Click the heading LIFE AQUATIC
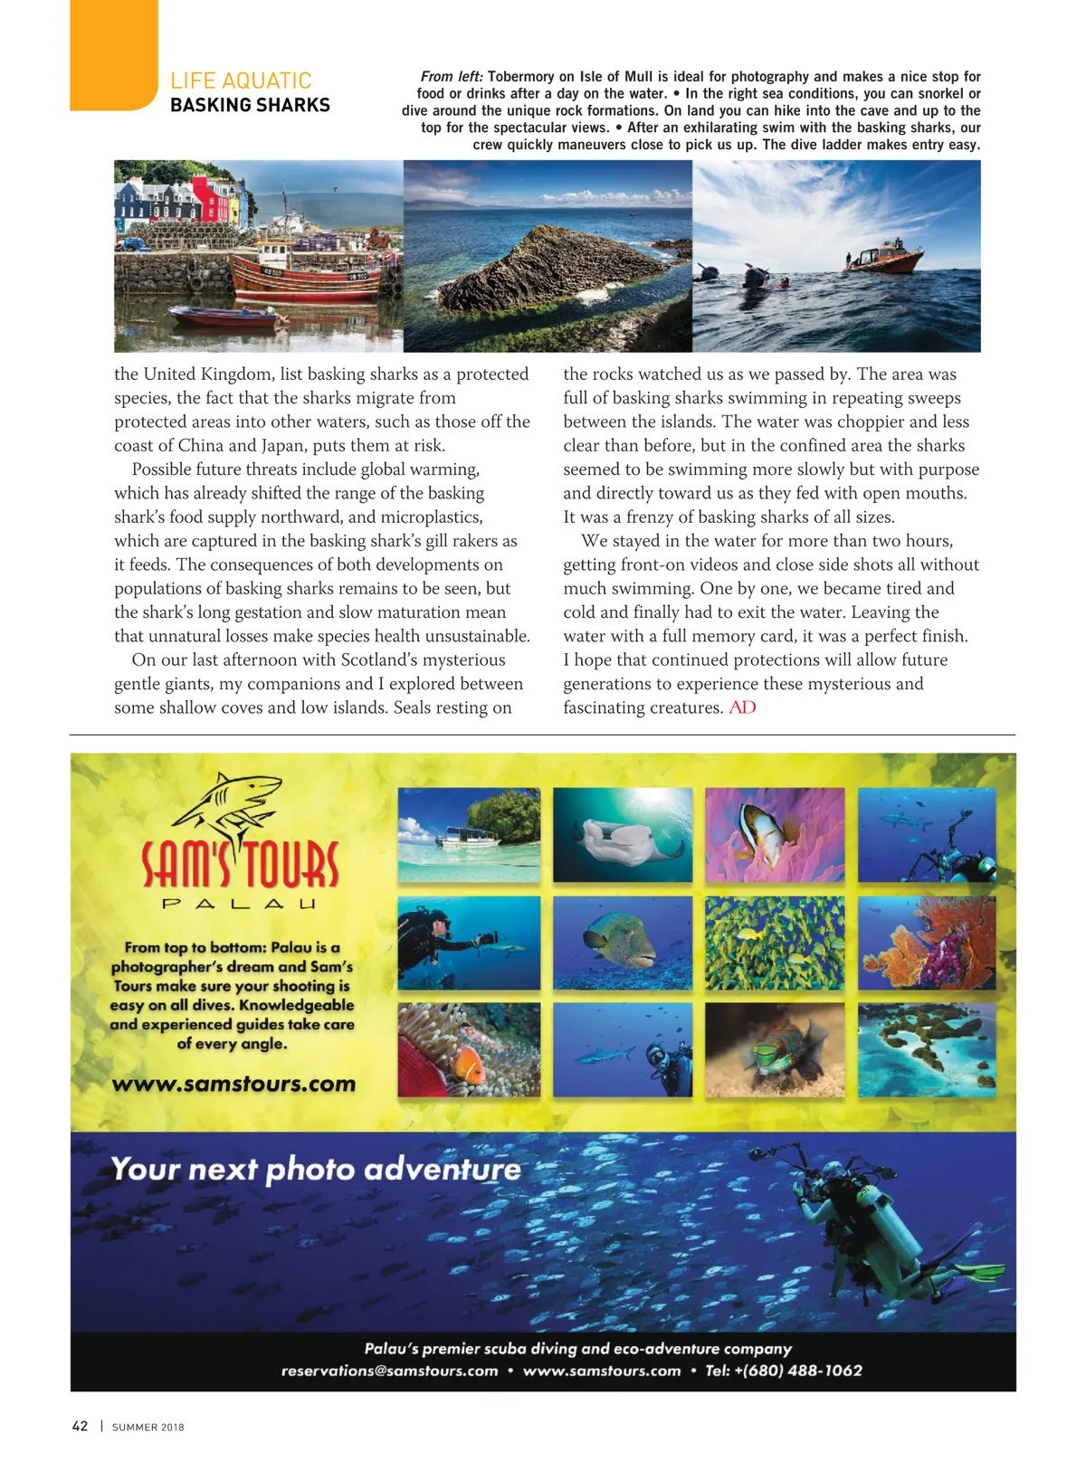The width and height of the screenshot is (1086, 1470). click(241, 81)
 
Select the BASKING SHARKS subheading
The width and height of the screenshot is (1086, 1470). click(250, 105)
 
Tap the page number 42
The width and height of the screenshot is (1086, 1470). click(80, 1426)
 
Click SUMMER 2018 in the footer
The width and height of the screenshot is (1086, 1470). click(148, 1427)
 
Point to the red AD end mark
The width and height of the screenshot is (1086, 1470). click(742, 707)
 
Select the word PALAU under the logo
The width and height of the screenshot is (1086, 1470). click(239, 904)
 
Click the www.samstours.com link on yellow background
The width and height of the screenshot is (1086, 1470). click(233, 1083)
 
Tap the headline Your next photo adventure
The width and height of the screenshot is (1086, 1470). click(316, 1169)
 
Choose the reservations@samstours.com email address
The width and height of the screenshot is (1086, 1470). click(389, 1370)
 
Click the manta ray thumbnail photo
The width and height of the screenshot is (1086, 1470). click(623, 834)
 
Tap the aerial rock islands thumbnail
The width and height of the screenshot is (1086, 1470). click(927, 1049)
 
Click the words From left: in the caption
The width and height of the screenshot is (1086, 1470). click(452, 77)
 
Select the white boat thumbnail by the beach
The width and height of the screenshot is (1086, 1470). click(469, 834)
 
